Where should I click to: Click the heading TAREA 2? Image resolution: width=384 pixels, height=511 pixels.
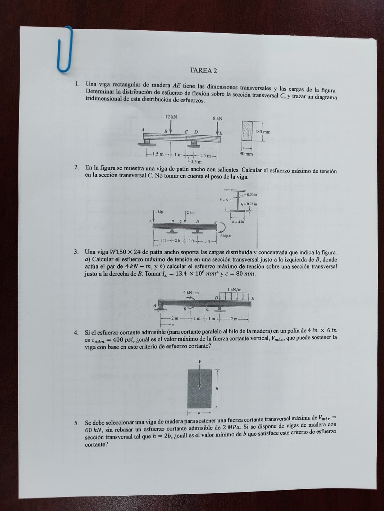coord(203,71)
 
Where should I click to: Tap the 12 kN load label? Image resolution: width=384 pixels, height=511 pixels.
coord(171,117)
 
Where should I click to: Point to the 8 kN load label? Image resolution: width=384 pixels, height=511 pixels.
coord(218,118)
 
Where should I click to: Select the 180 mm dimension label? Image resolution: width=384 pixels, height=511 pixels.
coord(263,132)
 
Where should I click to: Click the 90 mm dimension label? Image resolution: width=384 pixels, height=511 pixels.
coord(246,154)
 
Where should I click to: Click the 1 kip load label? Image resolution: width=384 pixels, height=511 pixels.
coord(159,212)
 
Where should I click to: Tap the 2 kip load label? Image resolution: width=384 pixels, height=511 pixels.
coord(190,213)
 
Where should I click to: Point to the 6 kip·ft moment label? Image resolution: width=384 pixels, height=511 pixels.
coord(226,236)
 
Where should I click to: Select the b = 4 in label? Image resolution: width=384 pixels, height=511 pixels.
coord(238,222)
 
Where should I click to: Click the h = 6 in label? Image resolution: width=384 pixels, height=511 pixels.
coord(225,200)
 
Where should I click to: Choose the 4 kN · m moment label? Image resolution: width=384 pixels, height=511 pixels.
coord(191,292)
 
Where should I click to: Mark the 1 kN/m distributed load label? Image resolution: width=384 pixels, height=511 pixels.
coord(234,290)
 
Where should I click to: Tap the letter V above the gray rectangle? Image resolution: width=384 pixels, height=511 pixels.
coord(200,361)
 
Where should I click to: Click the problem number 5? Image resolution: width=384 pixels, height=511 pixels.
coord(76,423)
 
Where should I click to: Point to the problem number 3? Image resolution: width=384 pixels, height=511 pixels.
coord(76,252)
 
